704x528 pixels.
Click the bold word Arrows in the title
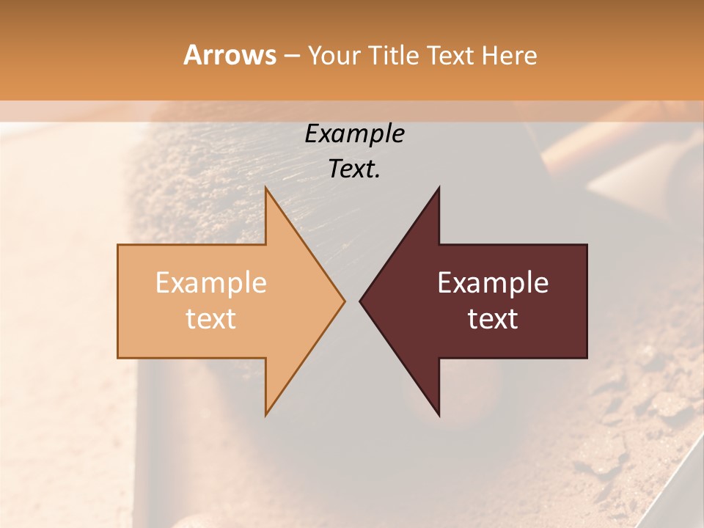pyautogui.click(x=230, y=55)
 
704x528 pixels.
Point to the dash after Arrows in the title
pyautogui.click(x=290, y=56)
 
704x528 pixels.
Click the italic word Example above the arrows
pyautogui.click(x=354, y=134)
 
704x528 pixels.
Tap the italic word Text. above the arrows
pyautogui.click(x=354, y=169)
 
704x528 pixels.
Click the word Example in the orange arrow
pyautogui.click(x=211, y=283)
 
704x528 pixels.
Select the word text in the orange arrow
pyautogui.click(x=211, y=319)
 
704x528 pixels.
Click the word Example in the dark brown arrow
pyautogui.click(x=493, y=283)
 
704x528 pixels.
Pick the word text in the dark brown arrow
pyautogui.click(x=493, y=319)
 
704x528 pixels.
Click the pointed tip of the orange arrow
pyautogui.click(x=344, y=301)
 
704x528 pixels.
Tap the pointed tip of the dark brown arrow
pyautogui.click(x=360, y=301)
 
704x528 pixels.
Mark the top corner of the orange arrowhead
pyautogui.click(x=266, y=188)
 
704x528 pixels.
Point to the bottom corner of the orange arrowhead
pyautogui.click(x=266, y=414)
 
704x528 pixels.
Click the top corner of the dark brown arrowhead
pyautogui.click(x=439, y=188)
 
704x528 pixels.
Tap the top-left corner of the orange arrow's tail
pyautogui.click(x=118, y=245)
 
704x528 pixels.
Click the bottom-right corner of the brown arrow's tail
pyautogui.click(x=587, y=358)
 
